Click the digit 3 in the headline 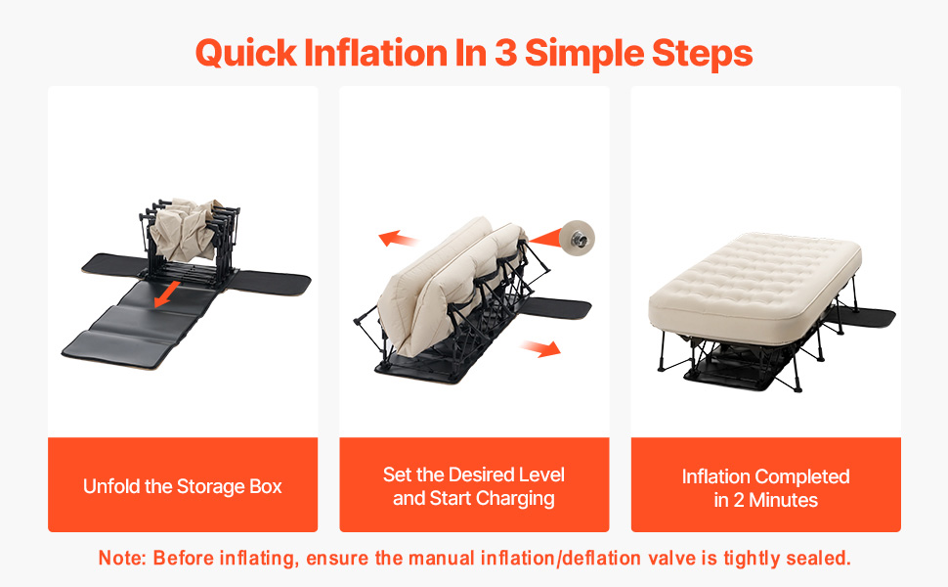tap(505, 53)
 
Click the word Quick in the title tap(246, 54)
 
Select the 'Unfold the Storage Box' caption tap(183, 486)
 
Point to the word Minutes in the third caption tap(783, 500)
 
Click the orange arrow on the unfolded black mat tap(167, 293)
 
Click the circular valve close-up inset tap(577, 238)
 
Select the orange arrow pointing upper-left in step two tap(397, 239)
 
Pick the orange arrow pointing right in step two tap(540, 348)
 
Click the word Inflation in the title tap(375, 53)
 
